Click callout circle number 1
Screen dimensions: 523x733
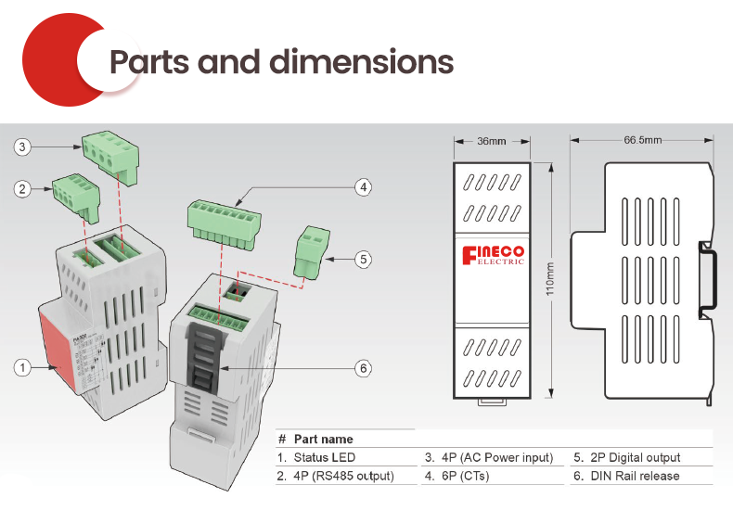pyautogui.click(x=21, y=367)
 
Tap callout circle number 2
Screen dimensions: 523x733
pyautogui.click(x=21, y=189)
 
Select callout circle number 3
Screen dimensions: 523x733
pyautogui.click(x=21, y=147)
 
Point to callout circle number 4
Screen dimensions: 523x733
pyautogui.click(x=364, y=187)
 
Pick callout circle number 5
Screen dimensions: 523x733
pyautogui.click(x=364, y=260)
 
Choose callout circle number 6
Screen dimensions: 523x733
pyautogui.click(x=364, y=368)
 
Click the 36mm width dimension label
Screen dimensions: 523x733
pyautogui.click(x=492, y=141)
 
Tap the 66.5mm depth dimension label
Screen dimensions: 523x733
pyautogui.click(x=643, y=140)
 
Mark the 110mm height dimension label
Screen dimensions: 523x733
pyautogui.click(x=551, y=278)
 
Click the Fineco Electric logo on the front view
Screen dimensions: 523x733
pyautogui.click(x=493, y=255)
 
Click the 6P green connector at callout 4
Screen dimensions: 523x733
pyautogui.click(x=223, y=223)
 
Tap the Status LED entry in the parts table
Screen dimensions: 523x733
pyautogui.click(x=324, y=457)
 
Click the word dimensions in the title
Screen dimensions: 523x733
pyautogui.click(x=362, y=61)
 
